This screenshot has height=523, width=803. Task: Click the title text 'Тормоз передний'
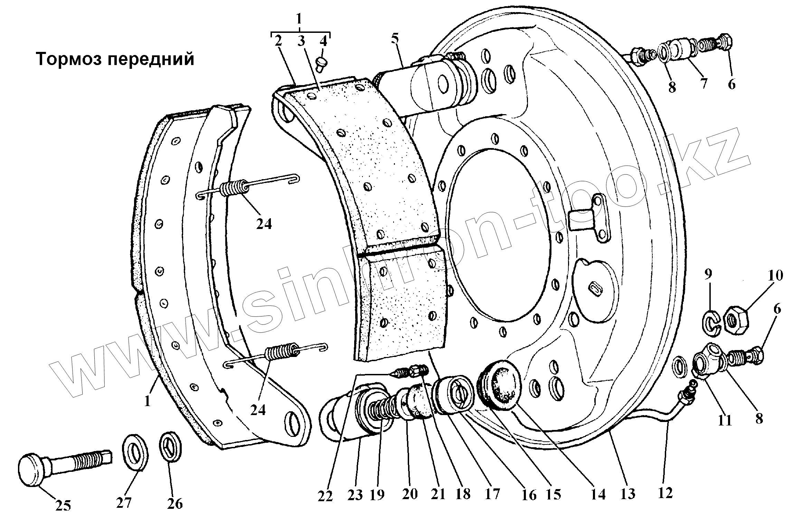[x=115, y=59]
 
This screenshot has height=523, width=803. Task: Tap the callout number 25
[x=63, y=506]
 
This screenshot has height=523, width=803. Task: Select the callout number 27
[x=124, y=502]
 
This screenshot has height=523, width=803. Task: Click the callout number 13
[x=627, y=494]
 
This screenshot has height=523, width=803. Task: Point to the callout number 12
[x=665, y=493]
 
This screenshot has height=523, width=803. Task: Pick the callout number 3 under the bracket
[x=301, y=41]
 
